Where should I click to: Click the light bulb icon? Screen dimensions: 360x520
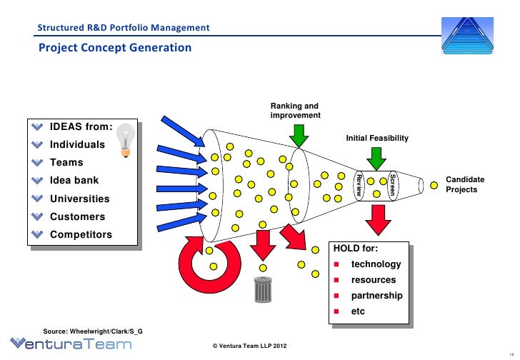[126, 139]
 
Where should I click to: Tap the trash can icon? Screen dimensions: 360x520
[263, 290]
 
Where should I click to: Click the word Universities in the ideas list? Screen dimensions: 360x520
[79, 199]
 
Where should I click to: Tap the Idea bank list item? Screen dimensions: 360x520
[74, 181]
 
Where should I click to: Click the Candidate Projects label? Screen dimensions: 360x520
[465, 184]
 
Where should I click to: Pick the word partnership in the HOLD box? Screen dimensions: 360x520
[376, 296]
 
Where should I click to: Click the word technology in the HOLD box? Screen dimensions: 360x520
[376, 264]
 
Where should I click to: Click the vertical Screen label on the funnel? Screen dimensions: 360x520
[391, 184]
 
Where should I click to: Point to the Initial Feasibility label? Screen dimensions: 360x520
[377, 136]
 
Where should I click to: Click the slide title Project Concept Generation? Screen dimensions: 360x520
[115, 48]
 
